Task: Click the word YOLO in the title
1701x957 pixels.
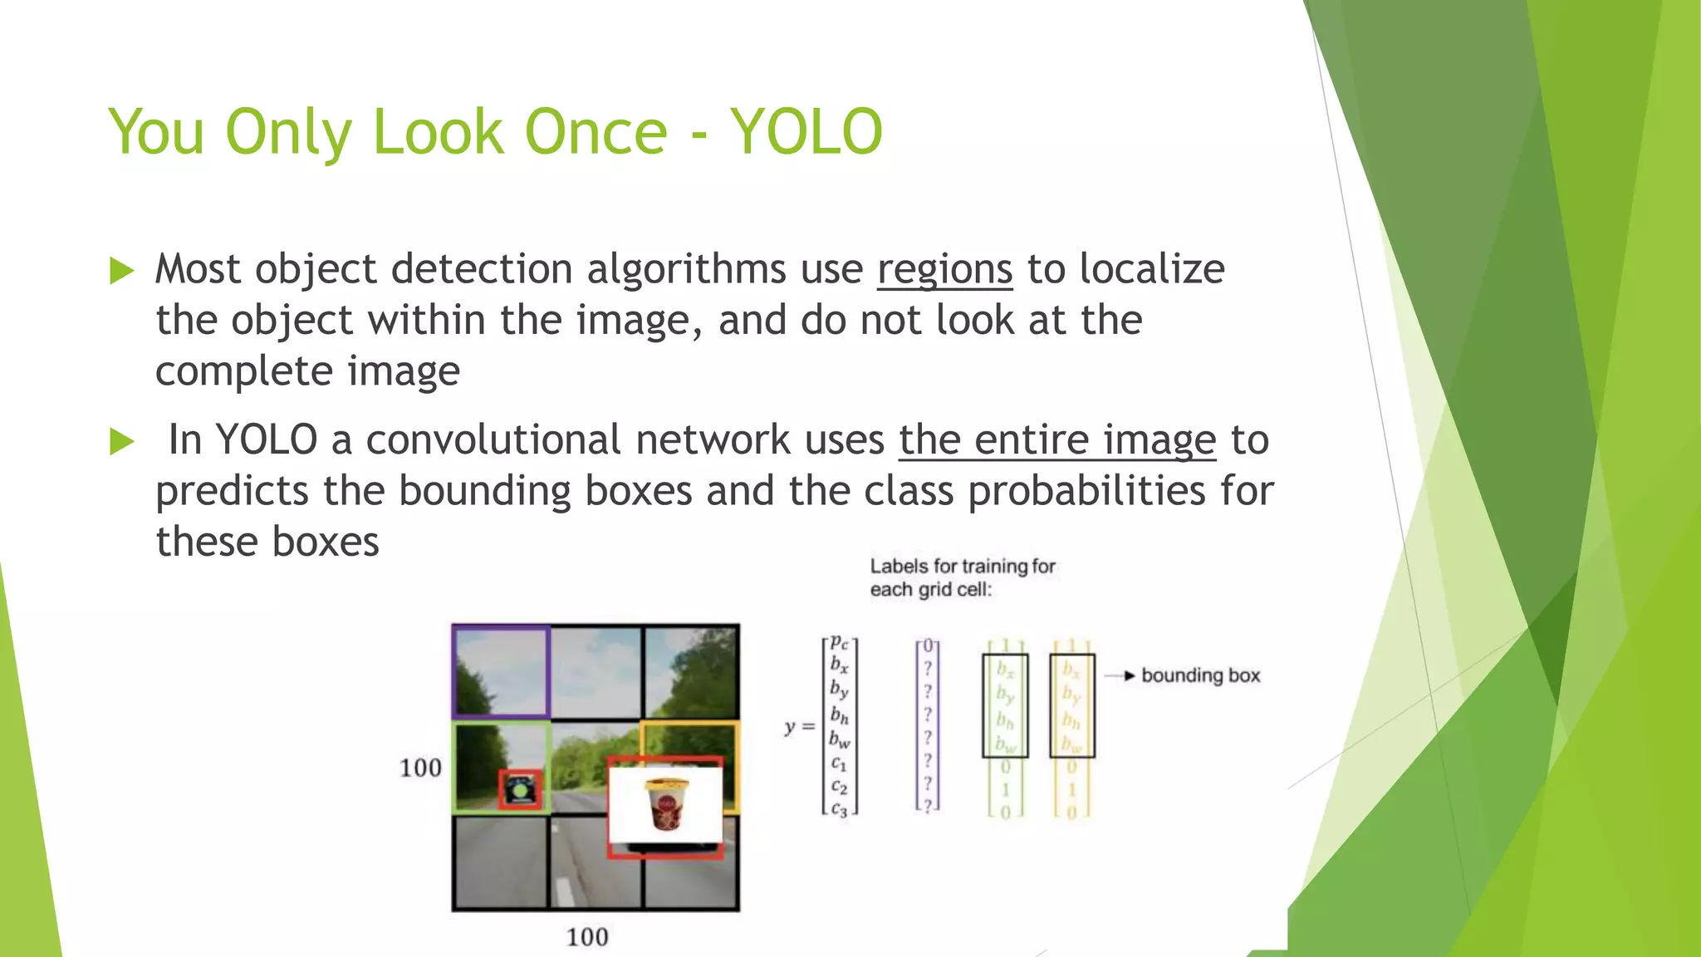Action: (806, 132)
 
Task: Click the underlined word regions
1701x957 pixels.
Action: (944, 270)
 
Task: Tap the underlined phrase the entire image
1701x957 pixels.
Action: (1056, 440)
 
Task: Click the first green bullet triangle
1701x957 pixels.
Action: (121, 271)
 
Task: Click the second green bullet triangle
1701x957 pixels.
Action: (121, 441)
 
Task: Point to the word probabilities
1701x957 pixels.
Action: (1086, 491)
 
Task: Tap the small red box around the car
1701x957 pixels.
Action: (521, 789)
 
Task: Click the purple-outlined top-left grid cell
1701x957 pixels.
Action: (501, 671)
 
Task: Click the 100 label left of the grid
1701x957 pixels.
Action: (420, 768)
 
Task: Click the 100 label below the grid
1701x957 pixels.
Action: (587, 937)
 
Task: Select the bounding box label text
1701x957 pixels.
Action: (1200, 675)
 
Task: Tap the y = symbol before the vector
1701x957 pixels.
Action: (799, 727)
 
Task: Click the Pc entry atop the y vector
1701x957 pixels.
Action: (840, 643)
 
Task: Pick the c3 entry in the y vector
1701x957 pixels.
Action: (839, 809)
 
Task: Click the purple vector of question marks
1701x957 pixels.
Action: (928, 725)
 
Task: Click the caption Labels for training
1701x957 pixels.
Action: (962, 567)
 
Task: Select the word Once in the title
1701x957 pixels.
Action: (596, 132)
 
